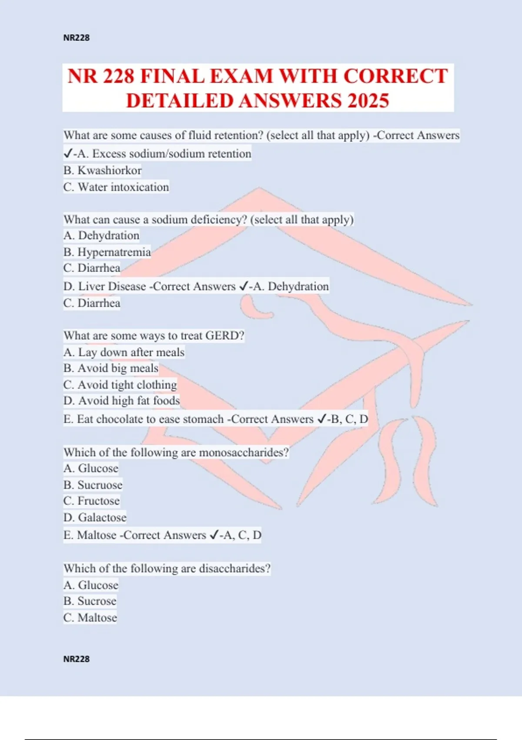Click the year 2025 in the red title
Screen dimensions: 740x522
point(368,101)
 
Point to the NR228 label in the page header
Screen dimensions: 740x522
point(77,38)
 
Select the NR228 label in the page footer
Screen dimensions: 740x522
point(77,659)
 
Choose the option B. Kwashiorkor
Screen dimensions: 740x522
point(103,170)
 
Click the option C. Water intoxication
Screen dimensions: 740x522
point(116,187)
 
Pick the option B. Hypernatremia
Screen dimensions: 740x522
point(107,252)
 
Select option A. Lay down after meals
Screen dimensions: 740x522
point(124,352)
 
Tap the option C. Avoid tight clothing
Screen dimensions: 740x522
point(120,385)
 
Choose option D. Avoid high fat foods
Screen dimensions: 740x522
point(121,400)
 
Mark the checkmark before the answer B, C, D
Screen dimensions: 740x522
point(322,419)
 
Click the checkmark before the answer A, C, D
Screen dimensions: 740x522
point(214,535)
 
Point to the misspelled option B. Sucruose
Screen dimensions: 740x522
point(93,485)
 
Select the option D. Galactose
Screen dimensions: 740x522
point(95,518)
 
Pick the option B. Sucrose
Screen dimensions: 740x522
point(90,601)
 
